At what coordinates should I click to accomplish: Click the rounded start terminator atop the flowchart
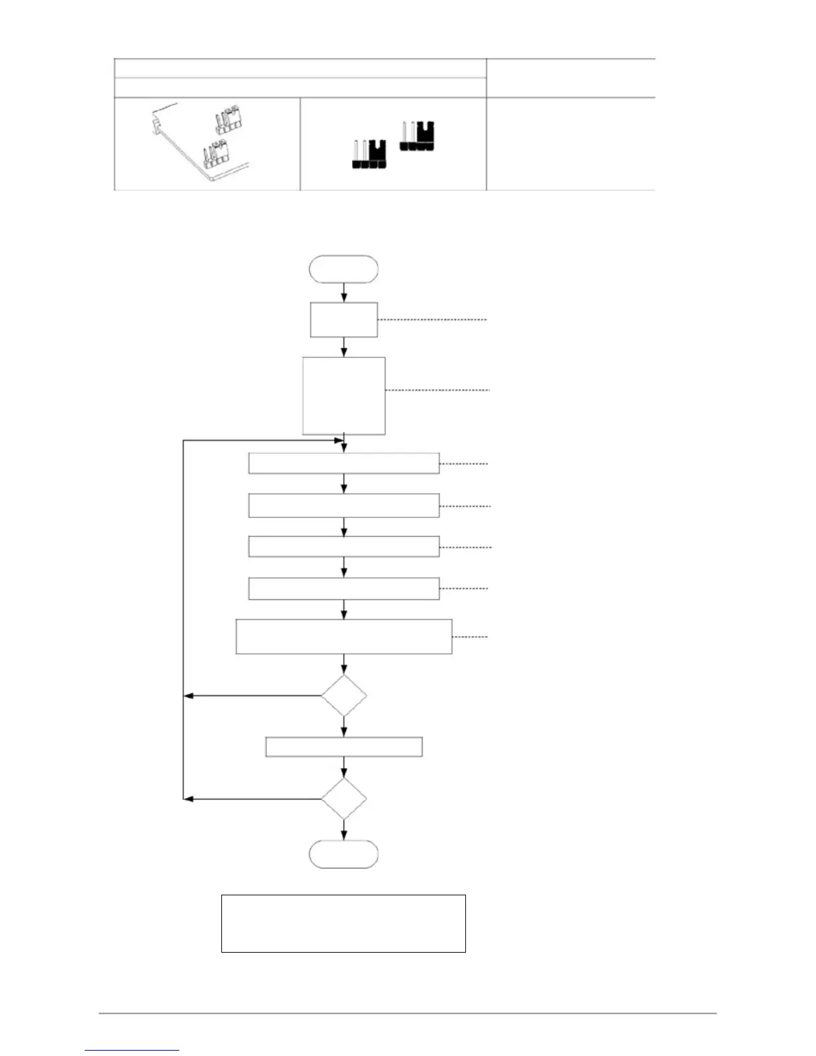[x=343, y=269]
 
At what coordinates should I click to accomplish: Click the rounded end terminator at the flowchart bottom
[x=343, y=854]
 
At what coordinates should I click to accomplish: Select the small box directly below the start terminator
[x=343, y=319]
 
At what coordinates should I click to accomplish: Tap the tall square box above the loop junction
[x=343, y=395]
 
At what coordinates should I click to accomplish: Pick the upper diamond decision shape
[x=343, y=696]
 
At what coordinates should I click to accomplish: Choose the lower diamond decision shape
[x=343, y=799]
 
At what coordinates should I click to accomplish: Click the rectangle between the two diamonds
[x=343, y=747]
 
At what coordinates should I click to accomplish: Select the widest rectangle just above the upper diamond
[x=343, y=637]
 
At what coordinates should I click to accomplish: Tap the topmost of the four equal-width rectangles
[x=343, y=463]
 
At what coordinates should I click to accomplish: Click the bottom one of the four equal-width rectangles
[x=343, y=589]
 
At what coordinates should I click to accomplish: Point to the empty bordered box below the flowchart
[x=343, y=923]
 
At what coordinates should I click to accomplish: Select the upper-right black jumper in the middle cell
[x=417, y=137]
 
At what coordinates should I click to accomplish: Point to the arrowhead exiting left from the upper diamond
[x=188, y=696]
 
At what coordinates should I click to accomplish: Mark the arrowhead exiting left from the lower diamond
[x=188, y=799]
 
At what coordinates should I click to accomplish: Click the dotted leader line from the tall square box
[x=437, y=390]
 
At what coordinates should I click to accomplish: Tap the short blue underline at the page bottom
[x=132, y=1051]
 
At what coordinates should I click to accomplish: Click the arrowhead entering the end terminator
[x=343, y=837]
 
